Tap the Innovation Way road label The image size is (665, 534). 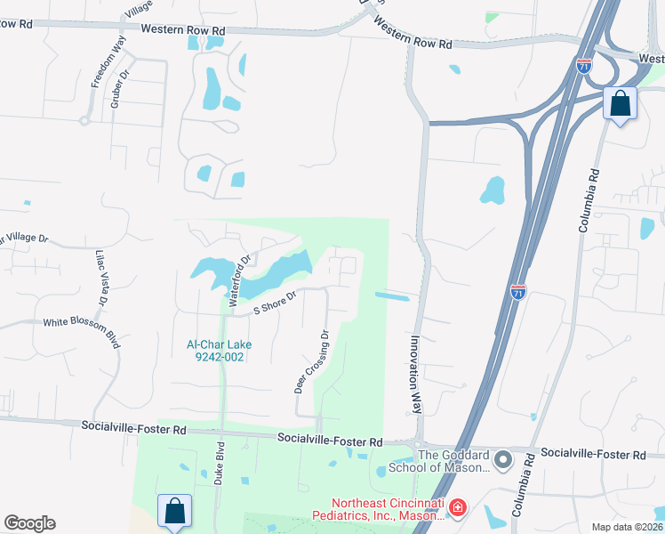pyautogui.click(x=414, y=374)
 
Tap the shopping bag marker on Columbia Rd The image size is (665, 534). pyautogui.click(x=620, y=103)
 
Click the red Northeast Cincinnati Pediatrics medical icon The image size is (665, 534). pyautogui.click(x=457, y=508)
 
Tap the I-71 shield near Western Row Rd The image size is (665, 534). pyautogui.click(x=583, y=67)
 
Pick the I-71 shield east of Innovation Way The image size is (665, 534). pyautogui.click(x=518, y=291)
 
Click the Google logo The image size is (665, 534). pyautogui.click(x=29, y=523)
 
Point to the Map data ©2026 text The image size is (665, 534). pyautogui.click(x=626, y=527)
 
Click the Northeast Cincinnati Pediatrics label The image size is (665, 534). pyautogui.click(x=377, y=508)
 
